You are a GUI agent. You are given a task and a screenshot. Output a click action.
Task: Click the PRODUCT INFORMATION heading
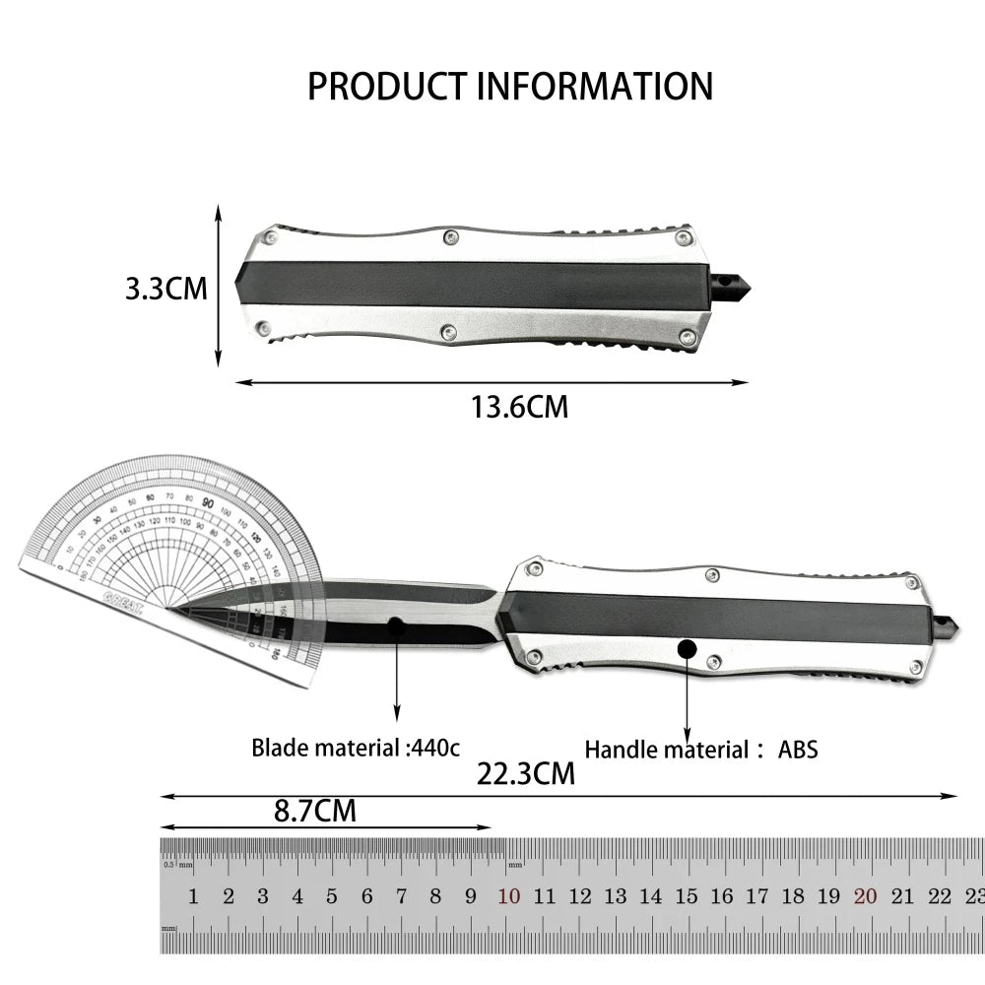pyautogui.click(x=509, y=86)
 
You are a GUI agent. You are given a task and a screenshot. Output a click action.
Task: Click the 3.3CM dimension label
pyautogui.click(x=165, y=289)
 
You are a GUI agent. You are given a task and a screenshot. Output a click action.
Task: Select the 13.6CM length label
pyautogui.click(x=519, y=406)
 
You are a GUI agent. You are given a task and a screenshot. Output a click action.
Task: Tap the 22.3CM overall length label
pyautogui.click(x=525, y=773)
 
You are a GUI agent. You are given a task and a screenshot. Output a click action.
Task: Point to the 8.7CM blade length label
pyautogui.click(x=314, y=811)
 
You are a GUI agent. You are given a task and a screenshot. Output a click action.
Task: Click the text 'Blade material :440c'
pyautogui.click(x=355, y=747)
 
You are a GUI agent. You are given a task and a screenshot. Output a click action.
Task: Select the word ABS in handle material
pyautogui.click(x=798, y=750)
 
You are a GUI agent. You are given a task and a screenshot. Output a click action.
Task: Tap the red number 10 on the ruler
pyautogui.click(x=508, y=896)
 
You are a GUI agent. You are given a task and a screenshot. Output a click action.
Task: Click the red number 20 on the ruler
pyautogui.click(x=866, y=896)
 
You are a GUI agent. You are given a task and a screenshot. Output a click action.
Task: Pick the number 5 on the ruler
pyautogui.click(x=332, y=896)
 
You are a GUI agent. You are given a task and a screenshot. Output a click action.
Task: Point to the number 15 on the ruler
pyautogui.click(x=687, y=896)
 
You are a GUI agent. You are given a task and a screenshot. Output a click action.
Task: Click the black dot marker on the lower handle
pyautogui.click(x=687, y=648)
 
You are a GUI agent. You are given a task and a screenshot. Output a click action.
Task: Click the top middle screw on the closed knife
pyautogui.click(x=450, y=236)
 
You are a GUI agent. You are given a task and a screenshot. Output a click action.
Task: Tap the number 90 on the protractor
pyautogui.click(x=208, y=502)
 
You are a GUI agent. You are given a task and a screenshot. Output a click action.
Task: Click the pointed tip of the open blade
pyautogui.click(x=169, y=608)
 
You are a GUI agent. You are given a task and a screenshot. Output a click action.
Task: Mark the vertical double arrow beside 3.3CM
pyautogui.click(x=219, y=286)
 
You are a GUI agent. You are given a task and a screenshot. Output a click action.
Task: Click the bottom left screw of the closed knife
pyautogui.click(x=263, y=328)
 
